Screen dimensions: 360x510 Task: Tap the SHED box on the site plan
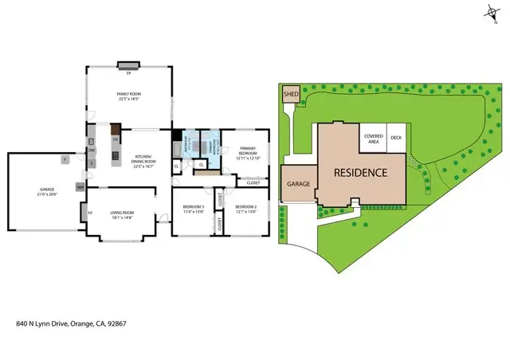[290, 96]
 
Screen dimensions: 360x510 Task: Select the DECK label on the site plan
[396, 138]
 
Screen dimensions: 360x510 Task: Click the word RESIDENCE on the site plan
[359, 172]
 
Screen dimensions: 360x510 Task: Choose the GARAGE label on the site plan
[298, 184]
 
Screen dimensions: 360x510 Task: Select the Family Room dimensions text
[128, 100]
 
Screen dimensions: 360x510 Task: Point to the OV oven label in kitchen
[116, 139]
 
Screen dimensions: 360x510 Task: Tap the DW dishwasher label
[92, 150]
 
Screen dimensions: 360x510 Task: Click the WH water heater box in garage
[80, 186]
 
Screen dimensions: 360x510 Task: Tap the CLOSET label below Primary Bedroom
[253, 183]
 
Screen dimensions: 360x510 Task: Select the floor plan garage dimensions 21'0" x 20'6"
[44, 194]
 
